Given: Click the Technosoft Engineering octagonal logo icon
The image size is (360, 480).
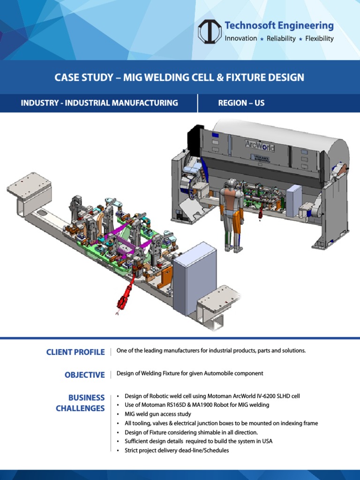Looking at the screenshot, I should coord(209,31).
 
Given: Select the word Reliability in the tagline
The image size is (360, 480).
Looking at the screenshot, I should coord(281,39).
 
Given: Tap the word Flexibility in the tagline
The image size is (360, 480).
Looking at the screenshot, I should coord(319,39).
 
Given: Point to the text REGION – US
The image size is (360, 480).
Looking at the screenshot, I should coord(241,103).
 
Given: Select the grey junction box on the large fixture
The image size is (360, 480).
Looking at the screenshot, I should coord(195,278).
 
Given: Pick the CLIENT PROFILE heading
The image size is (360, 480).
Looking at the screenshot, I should coord(75,352).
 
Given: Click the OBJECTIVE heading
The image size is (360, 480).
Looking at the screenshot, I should coord(85,375).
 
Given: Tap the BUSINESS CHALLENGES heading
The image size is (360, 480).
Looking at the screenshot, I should coord(80,403).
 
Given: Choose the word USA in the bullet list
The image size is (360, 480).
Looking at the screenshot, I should coord(266,441).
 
